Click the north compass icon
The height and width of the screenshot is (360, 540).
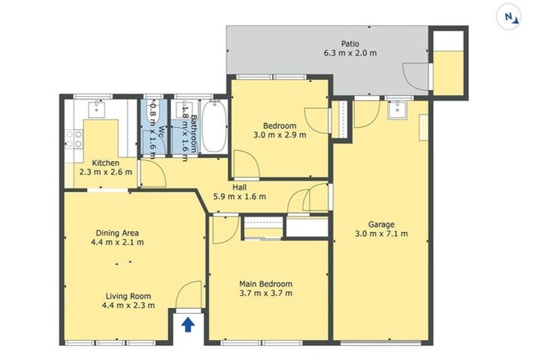pyautogui.click(x=508, y=17)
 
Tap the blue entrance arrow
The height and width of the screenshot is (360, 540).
pyautogui.click(x=188, y=325)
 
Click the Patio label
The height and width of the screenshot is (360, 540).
pyautogui.click(x=350, y=44)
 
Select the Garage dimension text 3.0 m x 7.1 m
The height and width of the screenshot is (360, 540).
pyautogui.click(x=381, y=233)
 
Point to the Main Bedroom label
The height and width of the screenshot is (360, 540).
pyautogui.click(x=266, y=284)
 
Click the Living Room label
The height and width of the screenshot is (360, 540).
pyautogui.click(x=128, y=296)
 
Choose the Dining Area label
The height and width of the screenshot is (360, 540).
pyautogui.click(x=117, y=233)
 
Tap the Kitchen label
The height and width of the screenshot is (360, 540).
pyautogui.click(x=105, y=163)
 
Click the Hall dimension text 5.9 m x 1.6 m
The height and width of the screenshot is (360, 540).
pyautogui.click(x=240, y=197)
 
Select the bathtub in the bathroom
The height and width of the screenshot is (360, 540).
pyautogui.click(x=214, y=126)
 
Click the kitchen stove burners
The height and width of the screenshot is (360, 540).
pyautogui.click(x=74, y=139)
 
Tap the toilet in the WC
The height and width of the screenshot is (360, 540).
pyautogui.click(x=153, y=112)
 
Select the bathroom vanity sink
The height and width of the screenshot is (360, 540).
pyautogui.click(x=184, y=109)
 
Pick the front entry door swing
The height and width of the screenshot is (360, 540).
pyautogui.click(x=189, y=295)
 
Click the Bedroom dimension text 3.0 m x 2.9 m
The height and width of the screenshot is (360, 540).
pyautogui.click(x=280, y=135)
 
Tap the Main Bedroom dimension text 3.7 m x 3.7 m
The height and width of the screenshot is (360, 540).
pyautogui.click(x=266, y=293)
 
